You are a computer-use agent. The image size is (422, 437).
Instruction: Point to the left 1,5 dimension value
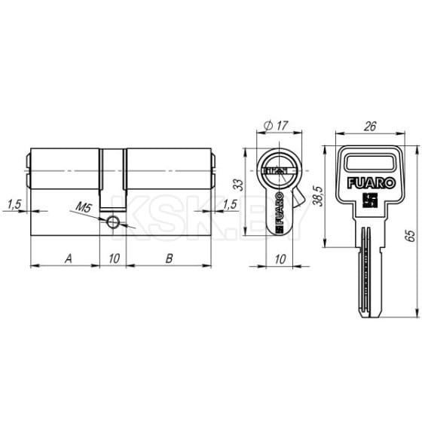pos(13,204)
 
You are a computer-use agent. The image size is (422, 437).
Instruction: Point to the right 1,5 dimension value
pos(230,204)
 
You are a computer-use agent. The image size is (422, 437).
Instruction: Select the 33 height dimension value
pos(238,184)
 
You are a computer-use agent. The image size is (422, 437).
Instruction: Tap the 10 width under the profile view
pos(278,259)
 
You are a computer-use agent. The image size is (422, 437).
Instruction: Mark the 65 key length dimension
pos(411,235)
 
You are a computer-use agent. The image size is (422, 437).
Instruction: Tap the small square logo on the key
pos(368,200)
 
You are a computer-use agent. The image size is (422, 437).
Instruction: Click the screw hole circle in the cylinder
pos(112,221)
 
